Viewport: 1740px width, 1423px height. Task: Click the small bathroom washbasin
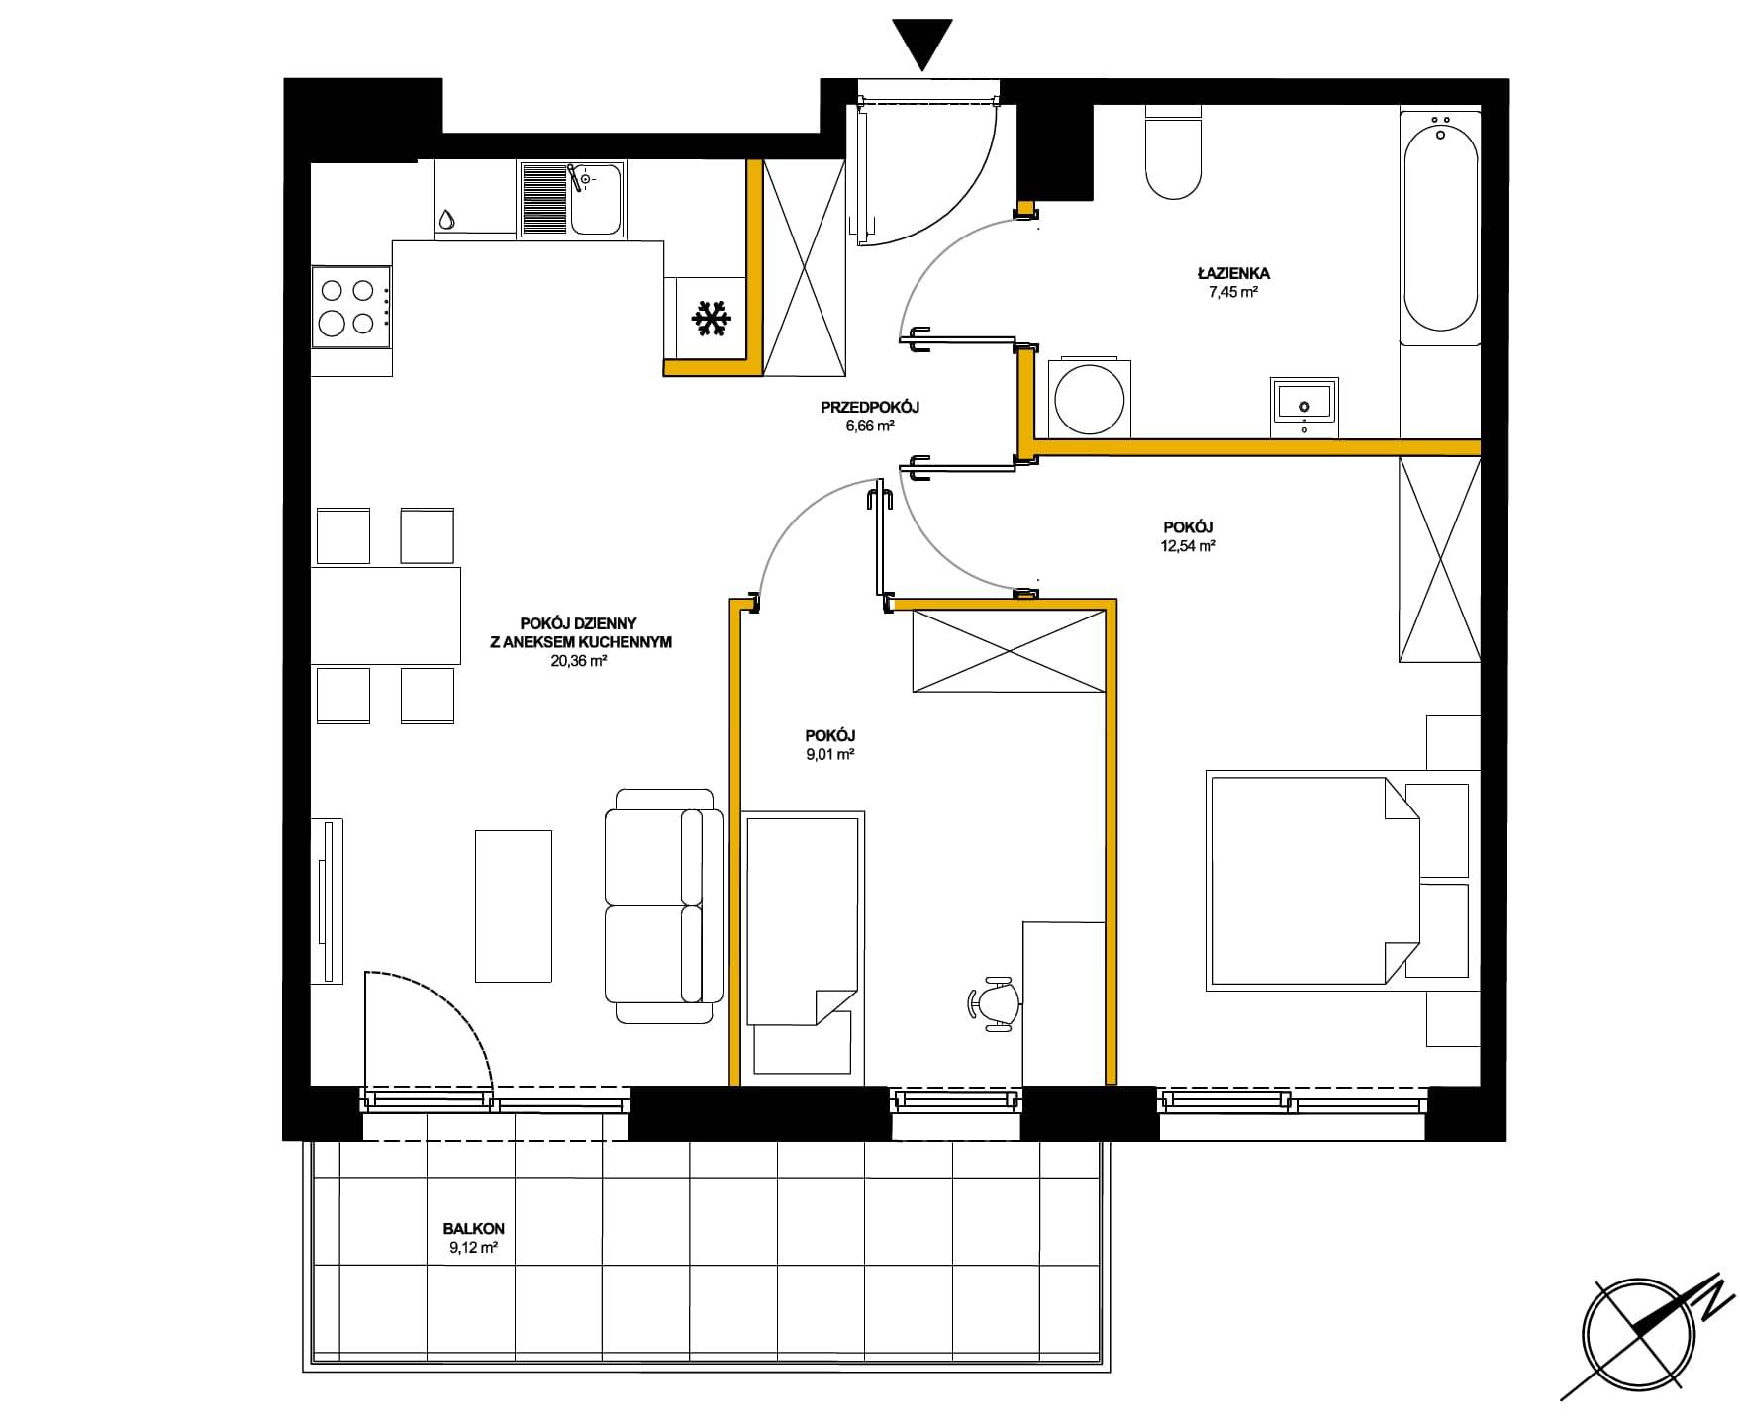coord(1305,406)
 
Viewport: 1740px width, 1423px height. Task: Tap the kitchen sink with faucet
coord(571,201)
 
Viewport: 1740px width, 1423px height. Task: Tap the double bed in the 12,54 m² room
coord(1312,880)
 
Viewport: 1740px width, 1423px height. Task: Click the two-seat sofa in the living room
coord(660,905)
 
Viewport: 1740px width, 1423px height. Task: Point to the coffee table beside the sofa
coord(513,905)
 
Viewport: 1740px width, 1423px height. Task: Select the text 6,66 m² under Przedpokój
coord(870,426)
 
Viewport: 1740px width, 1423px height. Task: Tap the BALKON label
coord(472,1230)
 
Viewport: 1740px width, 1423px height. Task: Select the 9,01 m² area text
coord(830,754)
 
